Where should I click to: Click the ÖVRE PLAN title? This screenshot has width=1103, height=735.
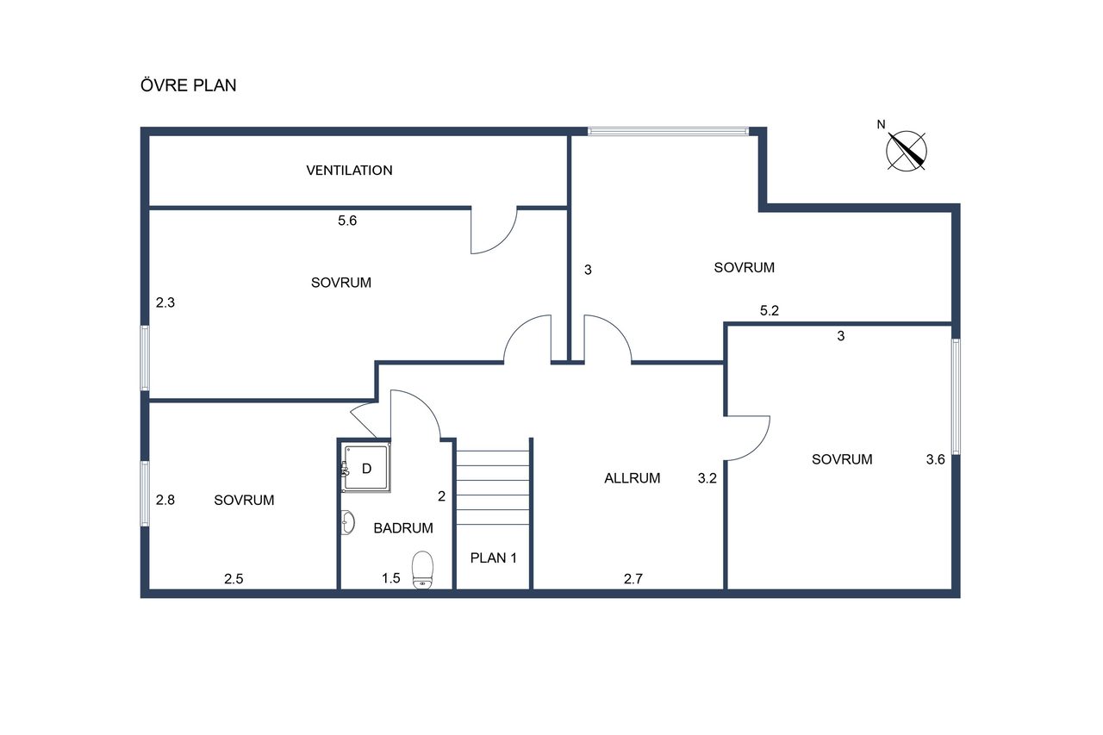188,84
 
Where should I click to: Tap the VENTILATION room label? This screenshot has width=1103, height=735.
349,171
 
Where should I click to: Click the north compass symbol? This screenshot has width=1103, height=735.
905,150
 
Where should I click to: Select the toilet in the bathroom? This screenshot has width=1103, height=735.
422,570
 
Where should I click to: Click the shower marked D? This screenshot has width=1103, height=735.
366,468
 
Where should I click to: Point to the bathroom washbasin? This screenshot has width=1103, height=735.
347,522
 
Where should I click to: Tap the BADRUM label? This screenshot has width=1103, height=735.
403,528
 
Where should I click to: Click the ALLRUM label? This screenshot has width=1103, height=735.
633,478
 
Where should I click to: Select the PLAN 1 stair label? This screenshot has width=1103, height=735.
493,557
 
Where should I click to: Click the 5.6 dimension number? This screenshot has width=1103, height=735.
347,221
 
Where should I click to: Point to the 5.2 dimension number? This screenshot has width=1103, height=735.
770,311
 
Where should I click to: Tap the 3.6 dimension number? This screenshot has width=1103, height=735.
935,459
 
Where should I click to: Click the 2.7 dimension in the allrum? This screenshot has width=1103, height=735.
633,579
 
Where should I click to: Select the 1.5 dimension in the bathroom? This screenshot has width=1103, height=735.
391,578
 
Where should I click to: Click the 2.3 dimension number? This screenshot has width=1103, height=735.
165,302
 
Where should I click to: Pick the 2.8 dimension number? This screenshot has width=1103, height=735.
165,500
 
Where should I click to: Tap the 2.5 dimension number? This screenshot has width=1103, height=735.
234,579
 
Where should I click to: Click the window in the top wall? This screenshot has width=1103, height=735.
668,132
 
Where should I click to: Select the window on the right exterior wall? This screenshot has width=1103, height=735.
956,396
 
